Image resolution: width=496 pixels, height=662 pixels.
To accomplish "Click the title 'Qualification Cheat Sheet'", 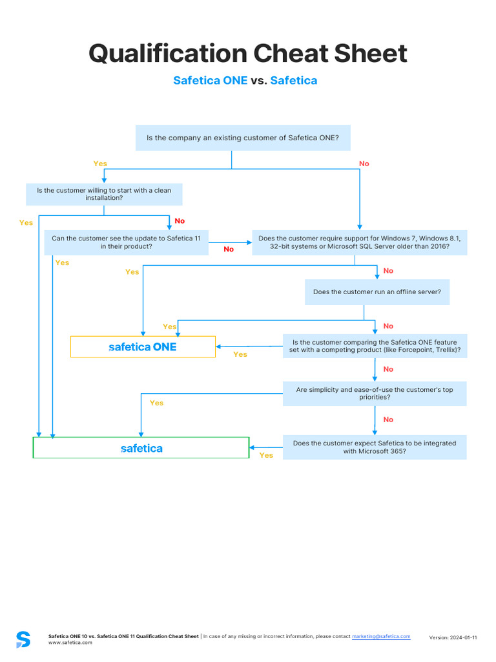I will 248,54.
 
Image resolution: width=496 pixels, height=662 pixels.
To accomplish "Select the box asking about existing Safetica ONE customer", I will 243,138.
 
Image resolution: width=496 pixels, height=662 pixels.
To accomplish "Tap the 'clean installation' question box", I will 104,194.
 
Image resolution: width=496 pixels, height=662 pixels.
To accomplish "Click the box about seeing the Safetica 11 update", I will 126,242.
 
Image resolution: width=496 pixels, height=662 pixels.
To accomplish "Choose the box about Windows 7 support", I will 359,242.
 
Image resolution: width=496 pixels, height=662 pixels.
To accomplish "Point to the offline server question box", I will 377,292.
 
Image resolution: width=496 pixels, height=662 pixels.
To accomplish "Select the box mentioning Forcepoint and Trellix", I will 375,346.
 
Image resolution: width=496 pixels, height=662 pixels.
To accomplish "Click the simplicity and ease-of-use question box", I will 375,394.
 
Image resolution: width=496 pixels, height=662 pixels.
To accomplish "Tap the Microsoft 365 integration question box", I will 375,447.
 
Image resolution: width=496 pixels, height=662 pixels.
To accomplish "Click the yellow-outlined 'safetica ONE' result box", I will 143,347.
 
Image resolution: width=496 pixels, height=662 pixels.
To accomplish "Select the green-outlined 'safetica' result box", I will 141,448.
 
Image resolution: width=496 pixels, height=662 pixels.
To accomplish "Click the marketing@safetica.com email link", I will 381,637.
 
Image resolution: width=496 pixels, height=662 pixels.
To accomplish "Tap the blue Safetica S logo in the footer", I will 23,639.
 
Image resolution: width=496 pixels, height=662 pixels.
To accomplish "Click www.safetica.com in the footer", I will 70,643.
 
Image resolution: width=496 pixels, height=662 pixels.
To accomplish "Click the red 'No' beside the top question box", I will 364,164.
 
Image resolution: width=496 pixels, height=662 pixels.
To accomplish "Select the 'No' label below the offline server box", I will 388,326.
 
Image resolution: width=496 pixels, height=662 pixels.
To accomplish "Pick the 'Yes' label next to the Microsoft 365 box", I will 266,455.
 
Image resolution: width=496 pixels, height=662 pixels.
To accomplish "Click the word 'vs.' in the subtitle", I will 259,81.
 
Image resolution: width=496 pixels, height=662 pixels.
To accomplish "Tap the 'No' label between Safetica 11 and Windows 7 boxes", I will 229,250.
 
